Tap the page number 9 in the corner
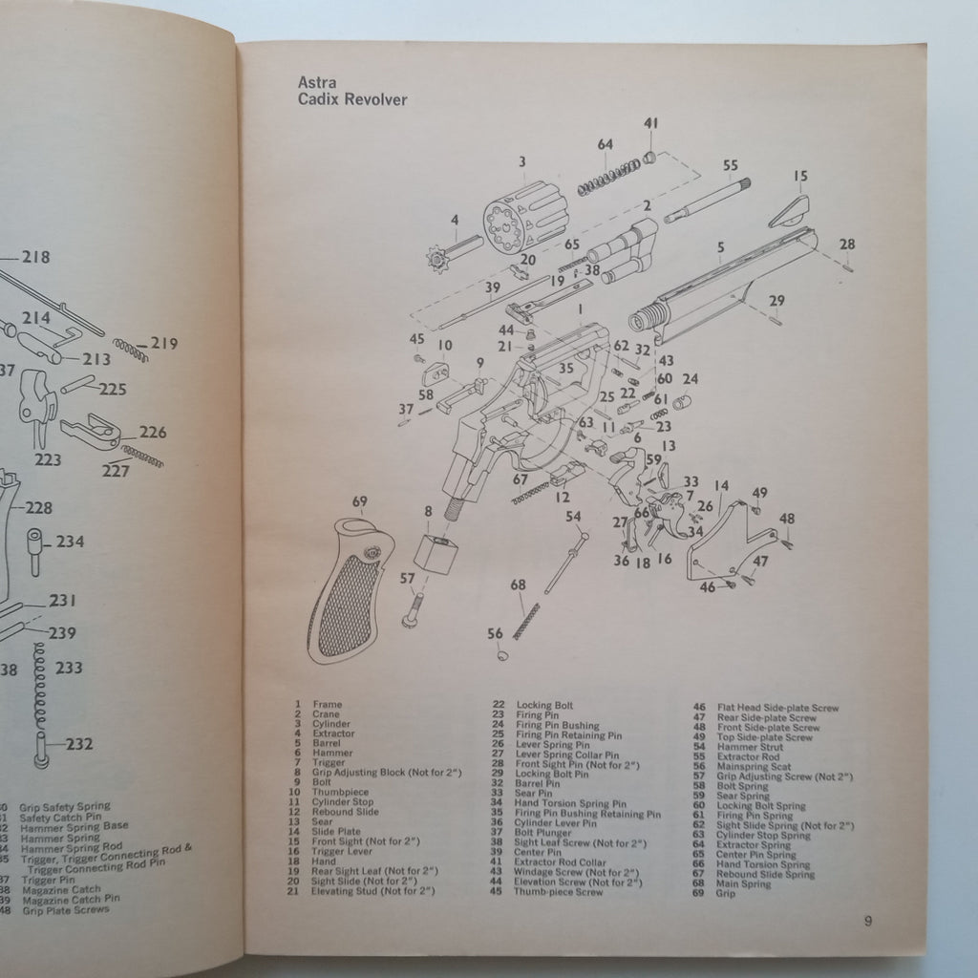click(867, 922)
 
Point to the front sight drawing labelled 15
click(790, 211)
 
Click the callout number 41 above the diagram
click(650, 123)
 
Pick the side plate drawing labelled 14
click(726, 540)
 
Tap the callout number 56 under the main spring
click(495, 634)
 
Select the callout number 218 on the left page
click(36, 257)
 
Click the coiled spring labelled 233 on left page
click(40, 683)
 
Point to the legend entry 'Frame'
click(327, 704)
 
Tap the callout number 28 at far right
click(847, 244)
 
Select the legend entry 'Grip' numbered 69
click(726, 894)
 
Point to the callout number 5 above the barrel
click(719, 246)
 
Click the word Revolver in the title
click(377, 99)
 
